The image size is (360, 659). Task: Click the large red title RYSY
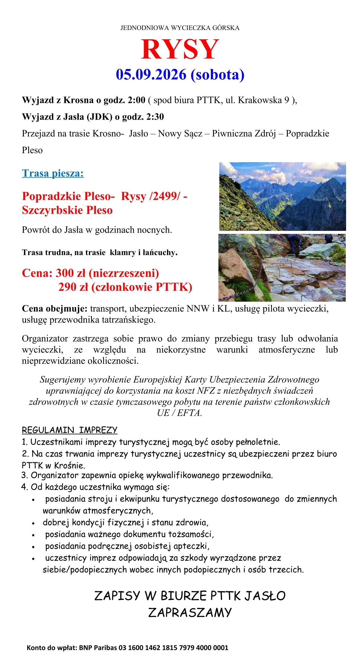pos(180,49)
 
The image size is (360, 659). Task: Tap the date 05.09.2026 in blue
pos(151,74)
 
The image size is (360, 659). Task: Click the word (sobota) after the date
pos(217,74)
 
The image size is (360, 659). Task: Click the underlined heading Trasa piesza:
pos(53,173)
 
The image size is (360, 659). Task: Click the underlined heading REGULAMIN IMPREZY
pos(70,430)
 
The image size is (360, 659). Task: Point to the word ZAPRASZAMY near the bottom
pos(190,613)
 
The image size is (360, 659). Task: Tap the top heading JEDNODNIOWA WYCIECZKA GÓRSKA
pos(180,28)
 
